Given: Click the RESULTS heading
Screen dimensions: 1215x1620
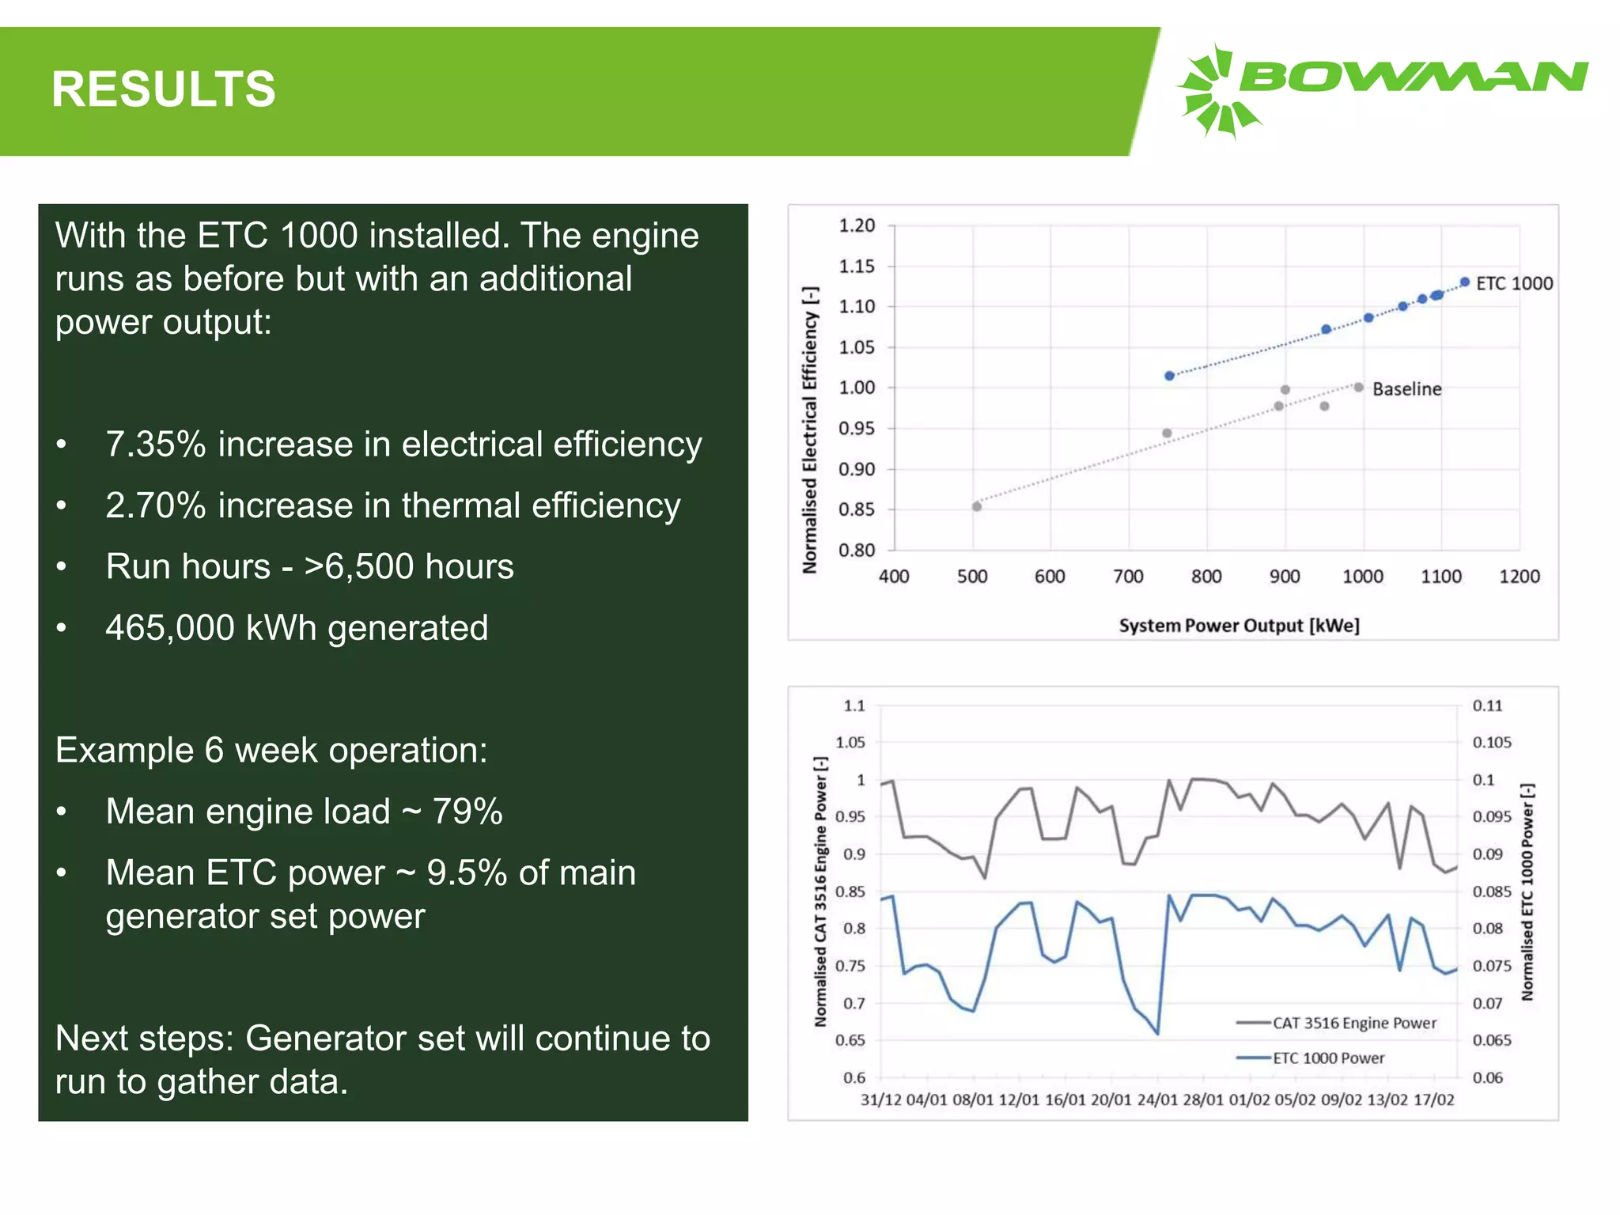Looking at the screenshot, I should pos(163,89).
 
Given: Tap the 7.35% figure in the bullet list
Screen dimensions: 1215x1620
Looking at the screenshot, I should pos(156,445).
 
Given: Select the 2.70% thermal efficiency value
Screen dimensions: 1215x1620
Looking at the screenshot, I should pos(156,506).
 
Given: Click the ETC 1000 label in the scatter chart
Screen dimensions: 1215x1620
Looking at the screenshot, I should pos(1514,283).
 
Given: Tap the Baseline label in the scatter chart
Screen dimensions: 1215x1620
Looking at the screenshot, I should pos(1406,389).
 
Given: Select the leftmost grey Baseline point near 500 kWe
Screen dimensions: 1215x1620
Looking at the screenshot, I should pos(977,506).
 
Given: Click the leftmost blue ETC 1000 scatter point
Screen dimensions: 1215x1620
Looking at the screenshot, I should pos(1169,376).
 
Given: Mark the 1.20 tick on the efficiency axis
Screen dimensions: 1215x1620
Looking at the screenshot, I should pos(857,226).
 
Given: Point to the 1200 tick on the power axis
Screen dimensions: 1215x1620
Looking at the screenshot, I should pos(1519,577).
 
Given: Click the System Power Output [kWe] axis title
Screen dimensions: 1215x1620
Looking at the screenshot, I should pos(1239,626).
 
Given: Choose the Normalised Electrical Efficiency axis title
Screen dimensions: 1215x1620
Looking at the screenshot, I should pos(809,430).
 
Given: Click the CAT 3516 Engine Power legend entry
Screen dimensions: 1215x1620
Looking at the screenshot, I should pos(1353,1023).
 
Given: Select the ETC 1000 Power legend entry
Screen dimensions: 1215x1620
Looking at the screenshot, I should pos(1328,1058).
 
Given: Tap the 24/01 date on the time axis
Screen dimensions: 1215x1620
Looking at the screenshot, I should pos(1156,1100).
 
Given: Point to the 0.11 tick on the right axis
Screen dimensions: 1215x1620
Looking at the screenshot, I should pos(1487,706).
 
